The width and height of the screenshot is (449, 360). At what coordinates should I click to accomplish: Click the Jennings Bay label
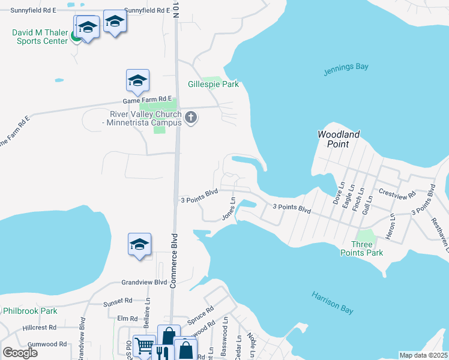pyautogui.click(x=346, y=67)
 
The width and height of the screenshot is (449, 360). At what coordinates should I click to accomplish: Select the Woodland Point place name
pyautogui.click(x=339, y=139)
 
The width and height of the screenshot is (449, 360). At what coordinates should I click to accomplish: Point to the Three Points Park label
pyautogui.click(x=367, y=248)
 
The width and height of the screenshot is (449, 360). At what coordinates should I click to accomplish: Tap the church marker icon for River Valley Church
pyautogui.click(x=191, y=118)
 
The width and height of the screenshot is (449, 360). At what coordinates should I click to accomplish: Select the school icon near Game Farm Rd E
pyautogui.click(x=137, y=81)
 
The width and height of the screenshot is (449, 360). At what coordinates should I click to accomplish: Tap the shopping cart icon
pyautogui.click(x=144, y=346)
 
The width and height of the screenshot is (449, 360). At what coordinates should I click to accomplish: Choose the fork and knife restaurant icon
pyautogui.click(x=161, y=350)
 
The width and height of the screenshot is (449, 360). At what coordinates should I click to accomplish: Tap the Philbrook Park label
pyautogui.click(x=30, y=311)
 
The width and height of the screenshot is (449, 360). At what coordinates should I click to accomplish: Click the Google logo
pyautogui.click(x=20, y=353)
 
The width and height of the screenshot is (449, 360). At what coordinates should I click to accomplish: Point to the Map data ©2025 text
pyautogui.click(x=423, y=355)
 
